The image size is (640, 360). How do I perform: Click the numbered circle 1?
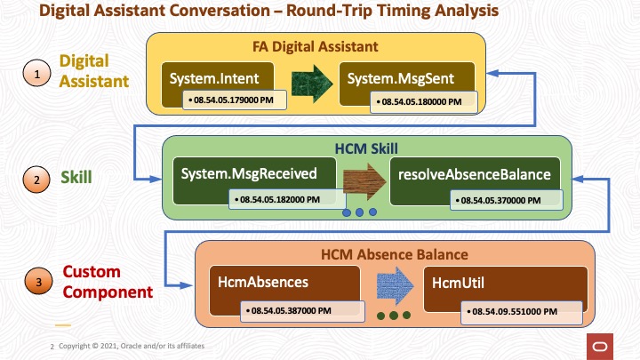coord(36,76)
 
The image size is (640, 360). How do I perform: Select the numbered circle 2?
coord(36,180)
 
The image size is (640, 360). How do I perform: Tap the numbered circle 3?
coord(36,284)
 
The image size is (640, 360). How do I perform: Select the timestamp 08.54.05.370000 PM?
coord(492,202)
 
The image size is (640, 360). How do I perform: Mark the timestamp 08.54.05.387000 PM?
coord(288,312)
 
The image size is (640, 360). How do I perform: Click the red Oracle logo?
coord(601,346)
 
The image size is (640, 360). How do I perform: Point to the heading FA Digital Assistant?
coord(316,45)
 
